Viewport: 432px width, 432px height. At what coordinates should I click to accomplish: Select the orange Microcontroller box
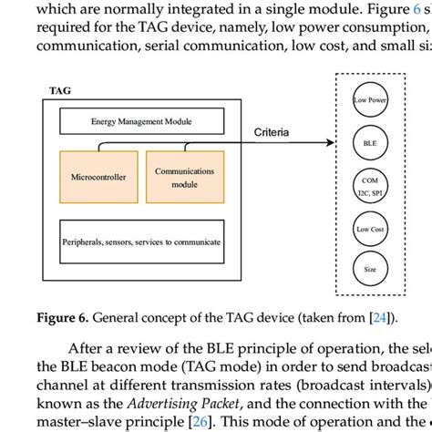coord(98,177)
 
